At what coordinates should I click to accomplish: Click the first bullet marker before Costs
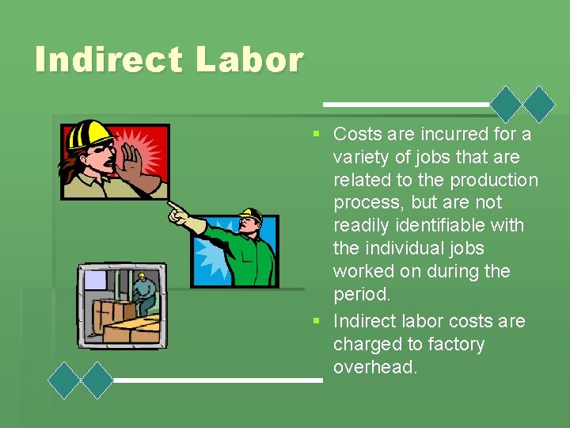point(315,134)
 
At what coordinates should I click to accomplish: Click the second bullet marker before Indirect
point(315,321)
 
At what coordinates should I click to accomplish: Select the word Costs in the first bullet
point(359,134)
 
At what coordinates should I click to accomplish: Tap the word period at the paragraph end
point(362,293)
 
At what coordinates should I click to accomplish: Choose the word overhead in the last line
point(374,367)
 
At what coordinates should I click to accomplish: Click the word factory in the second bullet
point(447,344)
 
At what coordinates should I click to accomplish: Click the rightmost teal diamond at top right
point(540,104)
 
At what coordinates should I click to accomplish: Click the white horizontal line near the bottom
point(218,380)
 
